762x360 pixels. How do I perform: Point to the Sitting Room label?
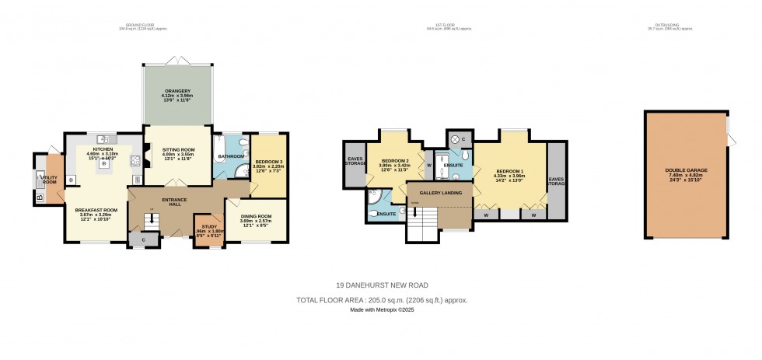pyautogui.click(x=178, y=152)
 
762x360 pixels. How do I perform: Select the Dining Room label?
pyautogui.click(x=255, y=218)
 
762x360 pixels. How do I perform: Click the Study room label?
pyautogui.click(x=207, y=228)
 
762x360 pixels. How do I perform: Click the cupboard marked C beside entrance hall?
pyautogui.click(x=144, y=240)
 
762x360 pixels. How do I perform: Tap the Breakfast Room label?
pyautogui.click(x=96, y=213)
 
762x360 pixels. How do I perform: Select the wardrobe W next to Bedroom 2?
pyautogui.click(x=428, y=165)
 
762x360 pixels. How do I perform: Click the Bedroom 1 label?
pyautogui.click(x=509, y=173)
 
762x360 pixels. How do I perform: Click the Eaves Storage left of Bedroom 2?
pyautogui.click(x=355, y=163)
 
